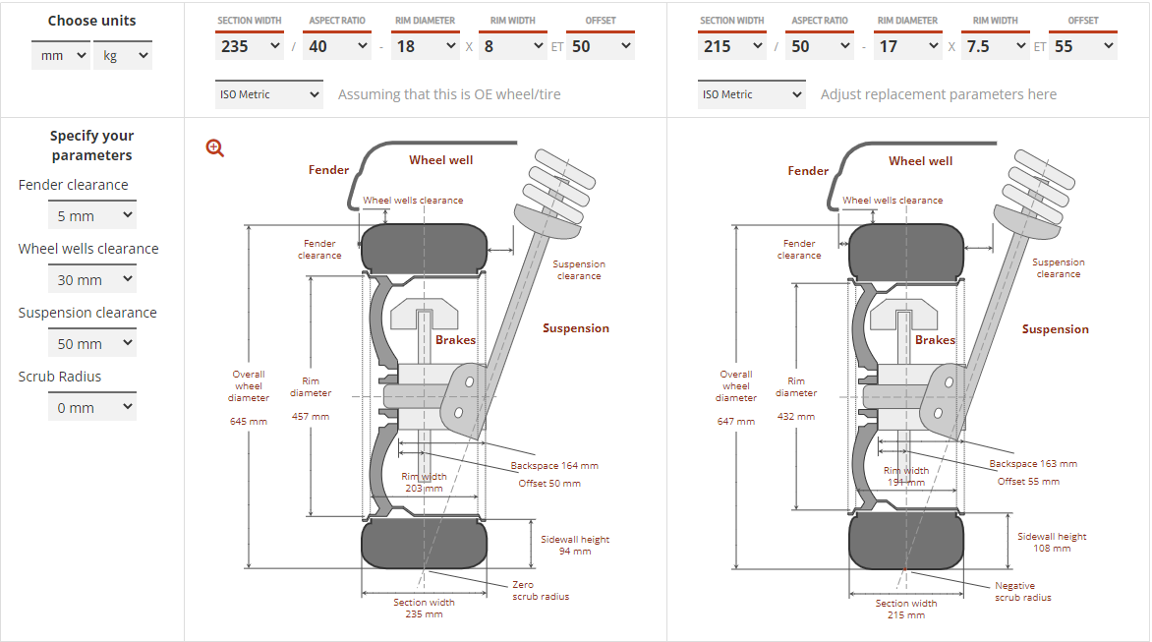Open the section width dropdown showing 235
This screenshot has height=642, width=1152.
point(249,46)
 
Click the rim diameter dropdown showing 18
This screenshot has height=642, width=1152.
point(425,46)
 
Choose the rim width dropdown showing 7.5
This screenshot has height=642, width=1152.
point(996,46)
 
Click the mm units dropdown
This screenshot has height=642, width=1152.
point(60,56)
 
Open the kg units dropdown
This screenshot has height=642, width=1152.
point(122,56)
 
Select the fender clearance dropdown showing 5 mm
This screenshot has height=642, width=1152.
point(91,216)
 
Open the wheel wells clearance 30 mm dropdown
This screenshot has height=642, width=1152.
point(91,280)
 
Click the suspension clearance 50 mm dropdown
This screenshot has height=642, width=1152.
point(91,344)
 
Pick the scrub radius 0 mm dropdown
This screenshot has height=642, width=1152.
point(91,408)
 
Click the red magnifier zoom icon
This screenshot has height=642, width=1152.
point(215,148)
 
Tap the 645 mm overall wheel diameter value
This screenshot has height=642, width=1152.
point(249,422)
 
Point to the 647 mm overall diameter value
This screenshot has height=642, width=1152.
point(736,422)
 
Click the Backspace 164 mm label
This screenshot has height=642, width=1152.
point(554,466)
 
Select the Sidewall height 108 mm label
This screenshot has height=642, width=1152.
point(1052,543)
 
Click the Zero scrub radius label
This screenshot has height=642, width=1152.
point(541,591)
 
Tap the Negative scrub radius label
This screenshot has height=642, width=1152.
point(1022,592)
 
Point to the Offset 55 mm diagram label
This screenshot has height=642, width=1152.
point(1028,482)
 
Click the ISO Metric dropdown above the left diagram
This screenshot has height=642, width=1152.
point(268,94)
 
